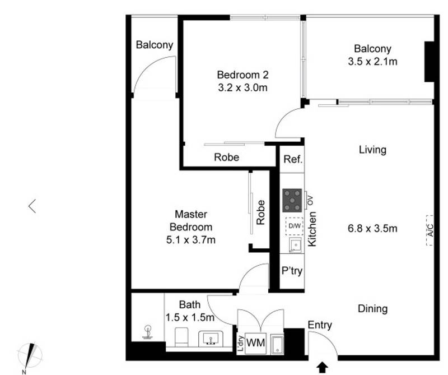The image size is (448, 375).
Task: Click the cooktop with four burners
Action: [x=292, y=199]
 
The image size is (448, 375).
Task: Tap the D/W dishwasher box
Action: [x=293, y=225]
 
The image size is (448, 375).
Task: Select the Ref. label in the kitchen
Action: [x=292, y=159]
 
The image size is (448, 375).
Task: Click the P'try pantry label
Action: [x=292, y=271]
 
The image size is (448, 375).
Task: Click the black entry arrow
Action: [x=323, y=367]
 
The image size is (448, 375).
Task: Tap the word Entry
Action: [x=320, y=325]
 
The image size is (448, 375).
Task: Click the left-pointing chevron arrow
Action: [x=32, y=206]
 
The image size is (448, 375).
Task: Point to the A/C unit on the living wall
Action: [x=430, y=230]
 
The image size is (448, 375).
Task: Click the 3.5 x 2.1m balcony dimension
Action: [x=372, y=62]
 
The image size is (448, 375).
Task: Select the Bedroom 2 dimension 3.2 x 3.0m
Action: [x=242, y=87]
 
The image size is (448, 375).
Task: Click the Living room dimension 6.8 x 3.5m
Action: [x=372, y=228]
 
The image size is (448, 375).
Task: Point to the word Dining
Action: [x=372, y=309]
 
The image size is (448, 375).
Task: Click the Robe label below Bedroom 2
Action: [x=226, y=158]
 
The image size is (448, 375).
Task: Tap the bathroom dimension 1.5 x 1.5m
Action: [x=190, y=317]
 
